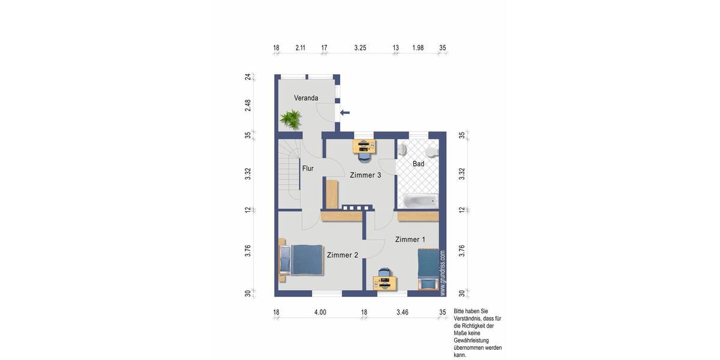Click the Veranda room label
tap(305, 98)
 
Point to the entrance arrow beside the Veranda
tap(345, 112)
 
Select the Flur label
tap(308, 169)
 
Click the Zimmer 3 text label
tap(365, 175)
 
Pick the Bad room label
tap(418, 164)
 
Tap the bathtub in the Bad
tap(419, 201)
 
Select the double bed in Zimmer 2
tap(301, 259)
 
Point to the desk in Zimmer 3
tap(364, 145)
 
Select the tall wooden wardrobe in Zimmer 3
tap(332, 193)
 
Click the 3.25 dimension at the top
tap(360, 47)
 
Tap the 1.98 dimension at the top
tap(418, 47)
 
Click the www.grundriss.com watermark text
tap(443, 273)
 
